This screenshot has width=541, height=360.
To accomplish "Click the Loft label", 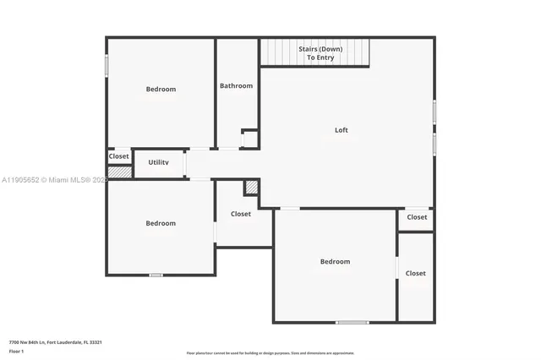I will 341,130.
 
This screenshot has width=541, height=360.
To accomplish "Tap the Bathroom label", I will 236,85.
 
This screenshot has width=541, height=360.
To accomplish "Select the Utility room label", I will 159,161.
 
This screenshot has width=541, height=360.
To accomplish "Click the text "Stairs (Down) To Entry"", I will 320,53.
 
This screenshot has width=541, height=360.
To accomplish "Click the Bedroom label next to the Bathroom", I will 161,90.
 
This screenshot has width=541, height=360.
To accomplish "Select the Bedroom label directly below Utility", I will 161,223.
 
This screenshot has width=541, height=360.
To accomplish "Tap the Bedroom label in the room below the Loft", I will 335,262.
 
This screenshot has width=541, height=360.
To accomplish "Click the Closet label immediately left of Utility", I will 118,156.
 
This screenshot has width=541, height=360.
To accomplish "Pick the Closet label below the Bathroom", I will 241,214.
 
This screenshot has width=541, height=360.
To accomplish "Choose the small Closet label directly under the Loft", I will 417,217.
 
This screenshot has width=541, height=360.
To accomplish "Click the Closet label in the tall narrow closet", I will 415,273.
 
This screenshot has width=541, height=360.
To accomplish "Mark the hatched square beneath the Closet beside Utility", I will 119,172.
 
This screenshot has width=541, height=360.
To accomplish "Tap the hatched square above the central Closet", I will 250,188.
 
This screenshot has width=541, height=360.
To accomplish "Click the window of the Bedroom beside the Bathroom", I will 107,66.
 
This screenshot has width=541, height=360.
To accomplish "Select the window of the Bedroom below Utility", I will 156,275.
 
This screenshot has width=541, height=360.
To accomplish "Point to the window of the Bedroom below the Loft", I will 352,322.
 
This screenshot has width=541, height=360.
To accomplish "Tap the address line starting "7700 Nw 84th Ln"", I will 55,341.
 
